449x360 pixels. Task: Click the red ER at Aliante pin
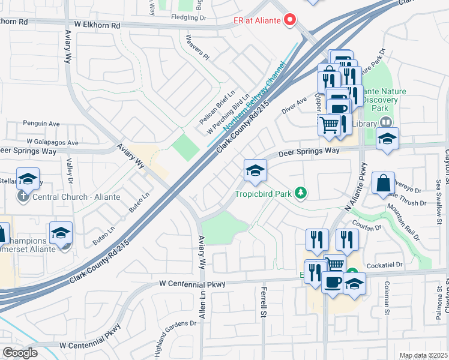[291, 20]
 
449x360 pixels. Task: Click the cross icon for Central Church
[22, 196]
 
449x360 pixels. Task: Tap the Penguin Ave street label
[41, 124]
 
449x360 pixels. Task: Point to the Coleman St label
[387, 298]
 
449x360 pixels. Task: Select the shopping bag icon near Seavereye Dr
[383, 183]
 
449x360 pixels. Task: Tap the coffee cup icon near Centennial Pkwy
[332, 281]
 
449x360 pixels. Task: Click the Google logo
[20, 352]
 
